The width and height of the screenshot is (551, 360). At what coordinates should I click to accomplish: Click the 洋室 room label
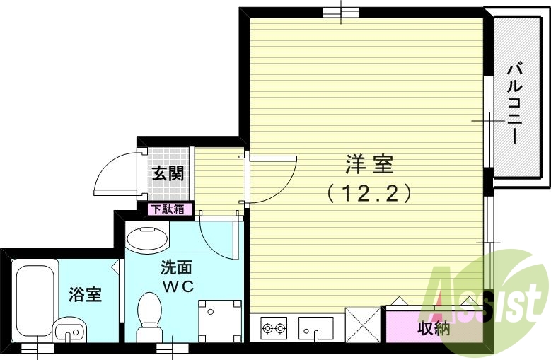(369, 166)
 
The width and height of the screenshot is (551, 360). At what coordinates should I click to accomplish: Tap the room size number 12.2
(369, 192)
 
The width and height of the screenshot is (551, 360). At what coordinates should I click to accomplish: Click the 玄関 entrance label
(169, 173)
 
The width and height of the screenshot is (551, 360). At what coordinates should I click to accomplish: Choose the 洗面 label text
(176, 268)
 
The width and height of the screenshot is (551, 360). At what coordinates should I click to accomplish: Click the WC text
(176, 286)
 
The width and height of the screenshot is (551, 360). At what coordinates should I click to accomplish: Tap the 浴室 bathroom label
(85, 294)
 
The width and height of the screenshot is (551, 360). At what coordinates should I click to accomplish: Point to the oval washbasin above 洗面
(147, 238)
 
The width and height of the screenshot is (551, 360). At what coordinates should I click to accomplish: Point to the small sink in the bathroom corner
(69, 330)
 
